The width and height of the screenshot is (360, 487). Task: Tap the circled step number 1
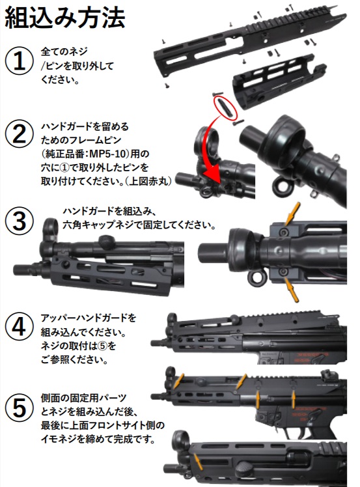20,64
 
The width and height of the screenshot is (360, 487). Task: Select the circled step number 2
20,135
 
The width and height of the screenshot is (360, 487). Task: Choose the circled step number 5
20,408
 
